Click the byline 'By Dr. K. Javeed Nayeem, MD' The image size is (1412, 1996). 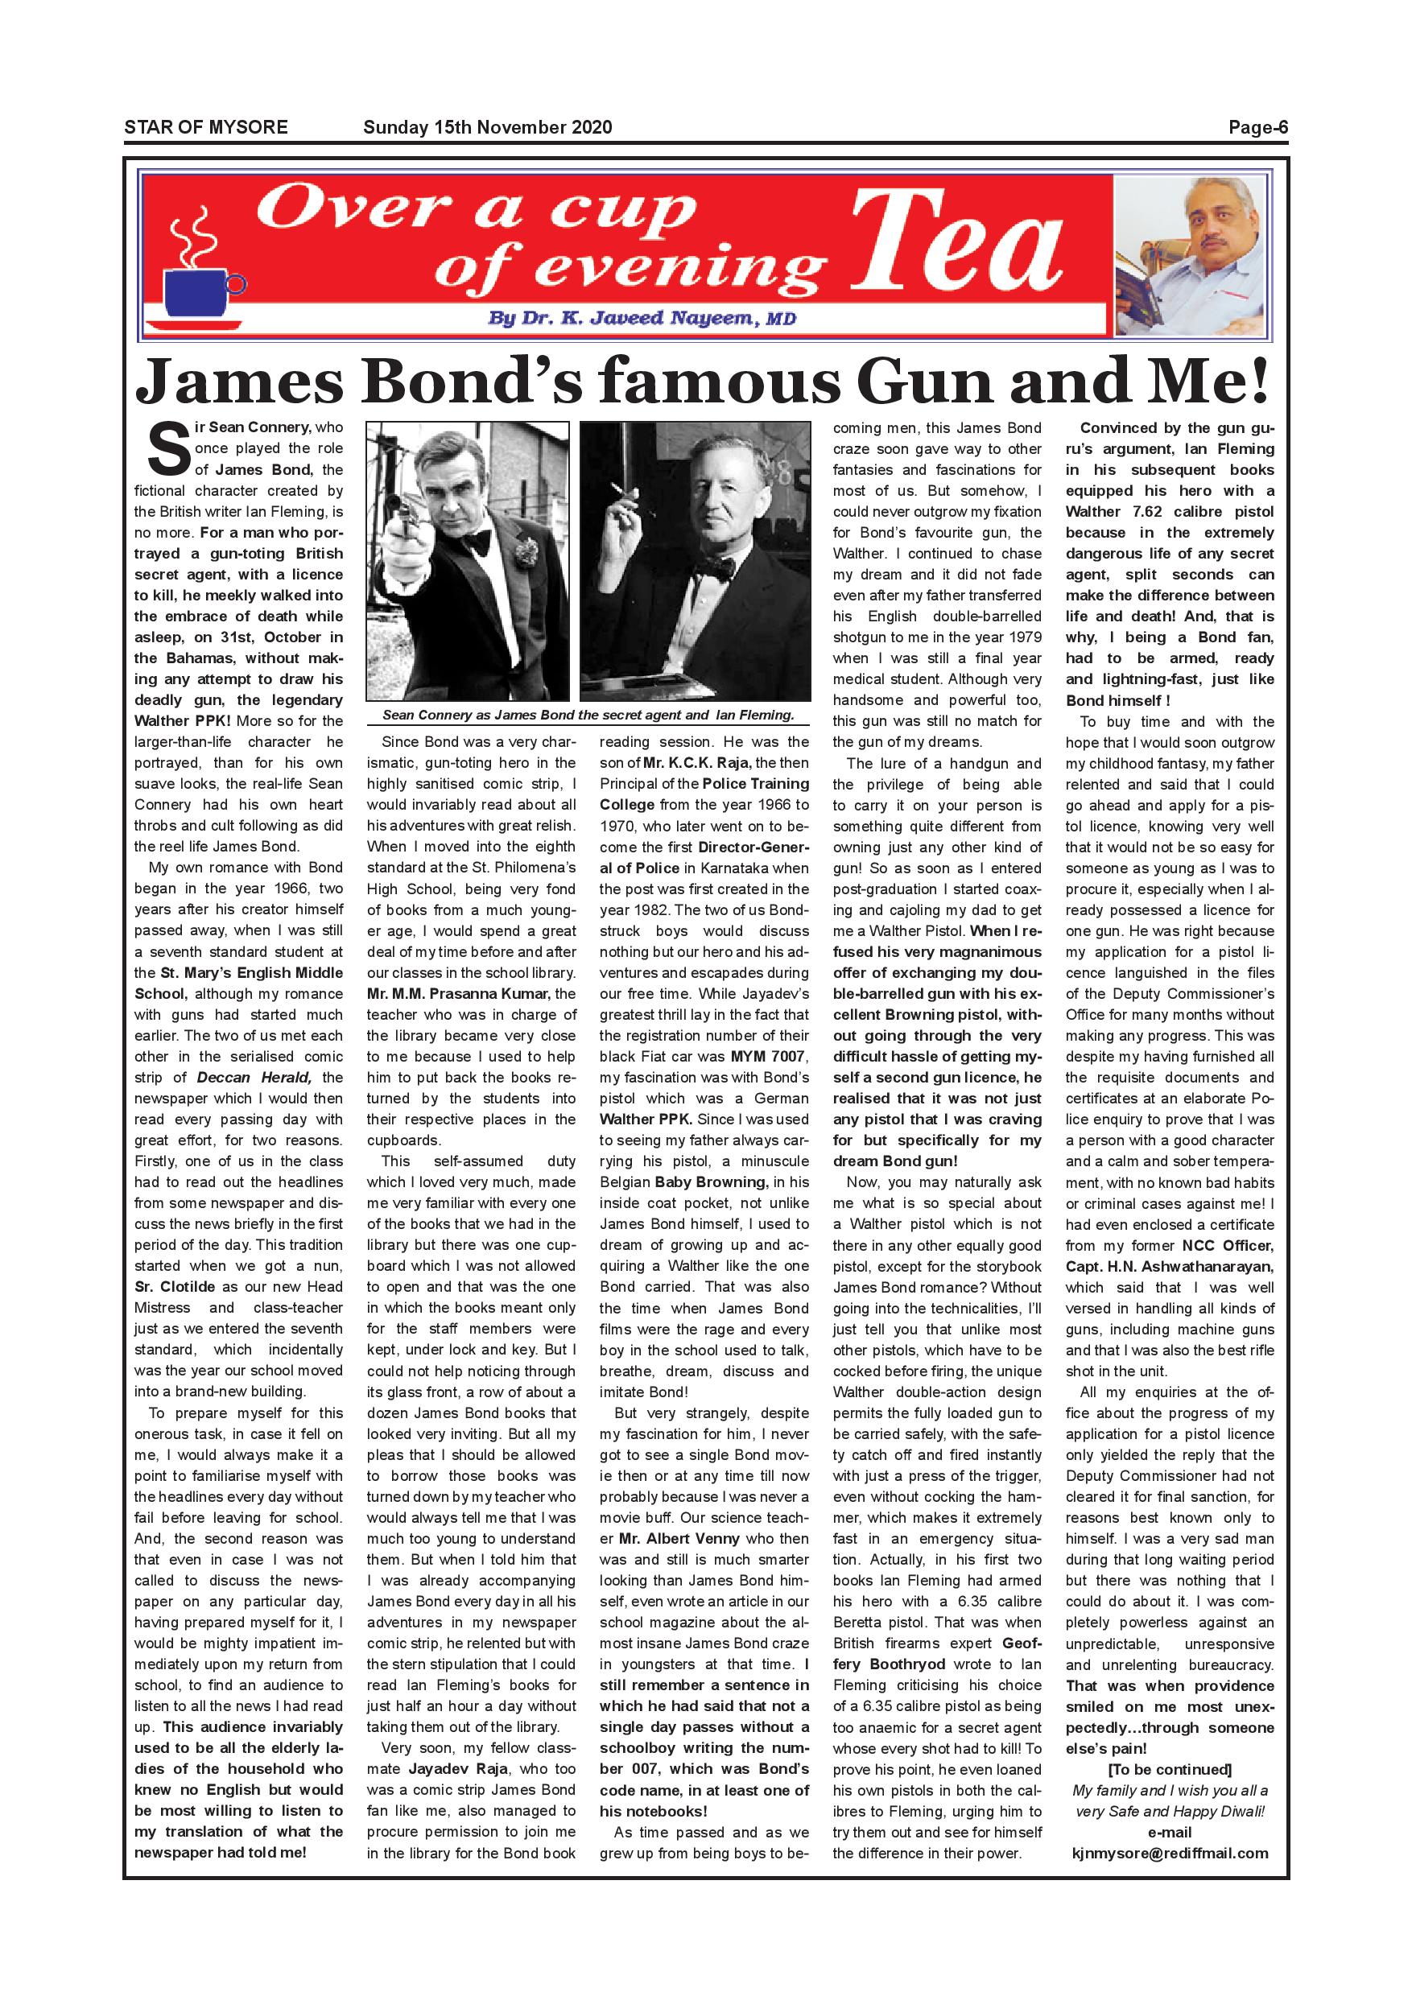click(642, 318)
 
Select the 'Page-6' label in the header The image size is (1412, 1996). click(1257, 128)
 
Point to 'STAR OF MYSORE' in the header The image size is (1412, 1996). click(206, 128)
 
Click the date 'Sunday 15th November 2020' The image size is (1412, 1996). click(487, 128)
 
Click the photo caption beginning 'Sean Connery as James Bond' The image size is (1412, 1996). click(588, 716)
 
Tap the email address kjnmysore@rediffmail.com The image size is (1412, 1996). click(1170, 1853)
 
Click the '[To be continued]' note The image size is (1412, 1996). click(1170, 1769)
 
